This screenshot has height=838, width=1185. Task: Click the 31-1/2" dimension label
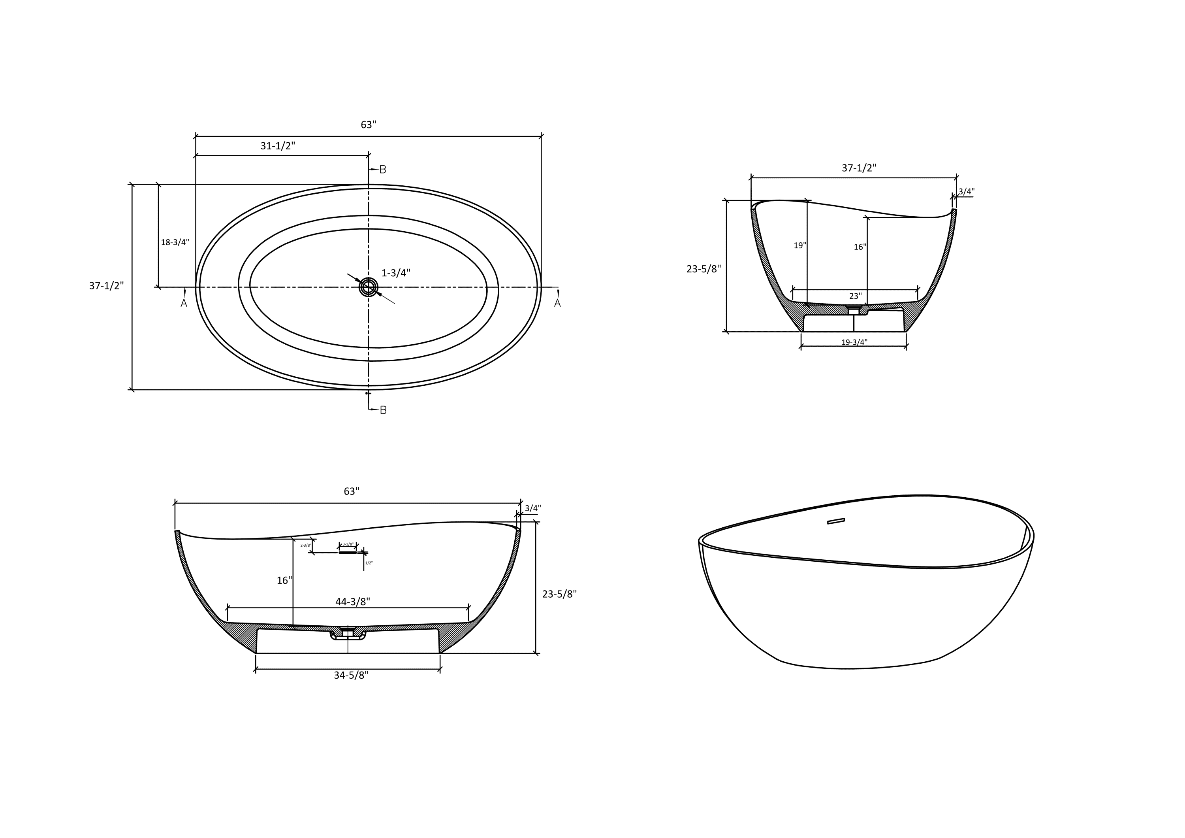click(x=278, y=146)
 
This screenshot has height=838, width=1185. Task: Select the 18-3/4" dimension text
click(x=175, y=242)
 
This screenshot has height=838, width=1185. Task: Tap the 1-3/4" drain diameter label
click(x=396, y=273)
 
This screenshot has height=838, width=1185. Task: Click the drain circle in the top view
click(x=369, y=287)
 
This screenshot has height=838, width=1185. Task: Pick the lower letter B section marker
click(x=383, y=410)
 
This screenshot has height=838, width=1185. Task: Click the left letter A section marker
click(x=184, y=304)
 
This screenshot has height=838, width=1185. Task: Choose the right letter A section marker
click(x=557, y=304)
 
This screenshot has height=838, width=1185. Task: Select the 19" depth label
click(x=799, y=246)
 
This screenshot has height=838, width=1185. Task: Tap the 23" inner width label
click(x=855, y=296)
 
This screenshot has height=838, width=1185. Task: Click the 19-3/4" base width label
click(x=854, y=342)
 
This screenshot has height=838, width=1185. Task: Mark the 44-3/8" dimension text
click(x=352, y=602)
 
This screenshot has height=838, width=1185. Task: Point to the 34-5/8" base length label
click(x=351, y=676)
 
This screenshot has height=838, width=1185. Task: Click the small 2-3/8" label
click(x=306, y=545)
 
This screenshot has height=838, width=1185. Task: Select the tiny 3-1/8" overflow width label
click(x=348, y=544)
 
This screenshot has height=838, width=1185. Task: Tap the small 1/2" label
click(x=369, y=563)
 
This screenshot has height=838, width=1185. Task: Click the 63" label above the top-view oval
click(x=368, y=125)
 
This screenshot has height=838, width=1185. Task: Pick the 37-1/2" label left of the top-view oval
click(x=106, y=286)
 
